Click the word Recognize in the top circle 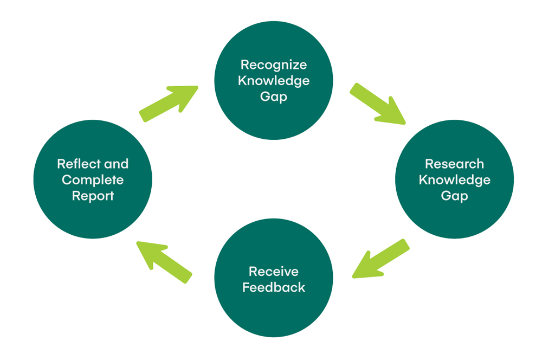click(273, 65)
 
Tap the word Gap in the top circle click(273, 98)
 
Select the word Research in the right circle click(454, 164)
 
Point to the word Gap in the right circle click(454, 196)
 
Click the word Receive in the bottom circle click(273, 271)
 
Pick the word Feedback click(273, 287)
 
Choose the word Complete click(93, 180)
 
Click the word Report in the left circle click(93, 196)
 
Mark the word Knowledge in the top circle click(273, 81)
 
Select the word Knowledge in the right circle click(454, 180)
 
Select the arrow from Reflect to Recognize click(169, 103)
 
